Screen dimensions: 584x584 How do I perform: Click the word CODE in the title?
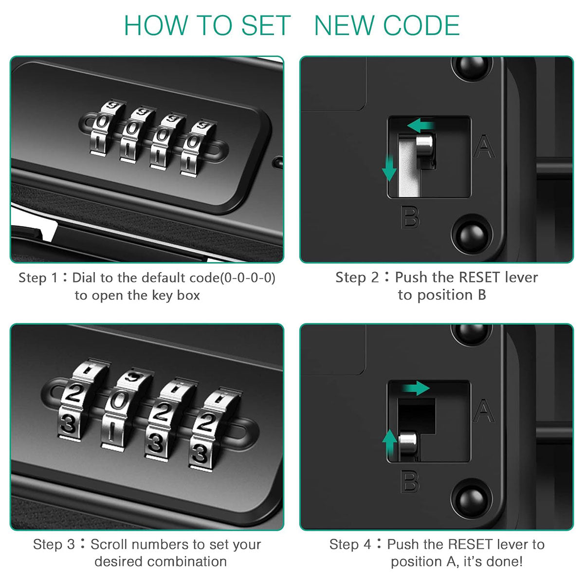pyautogui.click(x=421, y=26)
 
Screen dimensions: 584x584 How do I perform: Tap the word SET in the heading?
pyautogui.click(x=266, y=26)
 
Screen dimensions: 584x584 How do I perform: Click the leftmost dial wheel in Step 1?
pyautogui.click(x=104, y=129)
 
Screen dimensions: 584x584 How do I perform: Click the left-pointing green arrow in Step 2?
pyautogui.click(x=420, y=125)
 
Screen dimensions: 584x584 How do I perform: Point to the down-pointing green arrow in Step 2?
pyautogui.click(x=389, y=168)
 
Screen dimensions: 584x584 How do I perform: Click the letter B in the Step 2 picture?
pyautogui.click(x=410, y=217)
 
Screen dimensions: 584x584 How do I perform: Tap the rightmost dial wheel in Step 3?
pyautogui.click(x=213, y=429)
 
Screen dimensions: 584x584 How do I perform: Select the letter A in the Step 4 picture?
pyautogui.click(x=484, y=411)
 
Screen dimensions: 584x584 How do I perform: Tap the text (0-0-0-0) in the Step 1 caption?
pyautogui.click(x=248, y=278)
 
